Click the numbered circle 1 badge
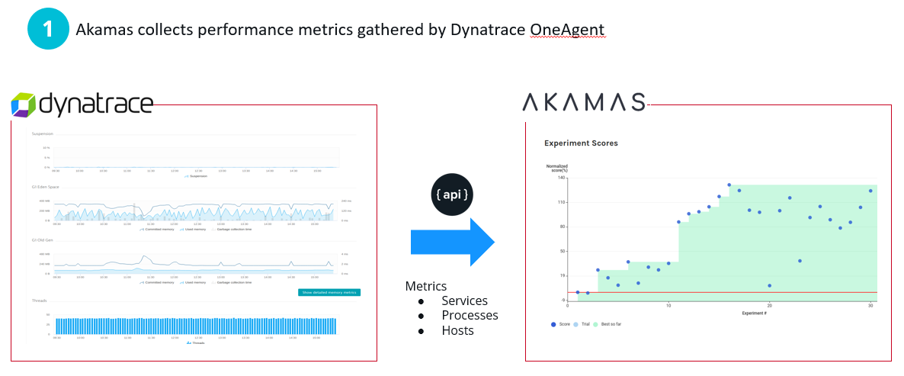(47, 30)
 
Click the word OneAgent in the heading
(567, 30)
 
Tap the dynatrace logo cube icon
(24, 104)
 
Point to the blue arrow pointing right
(453, 242)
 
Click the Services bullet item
(464, 300)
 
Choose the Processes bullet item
(470, 315)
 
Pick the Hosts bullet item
(457, 330)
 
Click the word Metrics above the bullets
(425, 286)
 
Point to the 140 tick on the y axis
(561, 178)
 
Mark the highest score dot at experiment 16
(729, 185)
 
